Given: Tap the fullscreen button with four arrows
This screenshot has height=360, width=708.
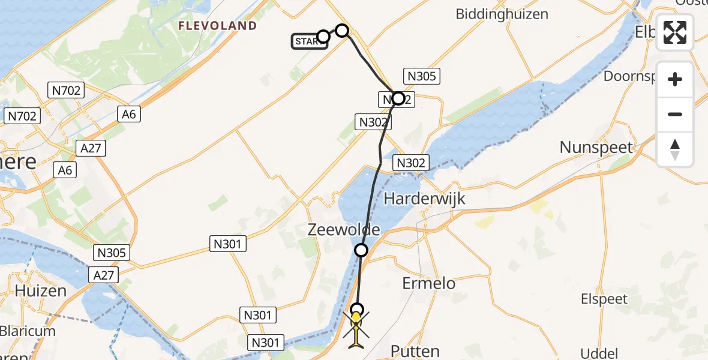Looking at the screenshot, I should (x=675, y=32).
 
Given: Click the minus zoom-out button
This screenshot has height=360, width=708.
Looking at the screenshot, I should (x=675, y=114).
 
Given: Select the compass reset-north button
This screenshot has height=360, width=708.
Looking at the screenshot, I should (x=675, y=149).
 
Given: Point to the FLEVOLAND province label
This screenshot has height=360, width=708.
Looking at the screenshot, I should (x=217, y=26).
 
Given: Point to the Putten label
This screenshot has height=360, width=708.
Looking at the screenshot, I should (x=415, y=351).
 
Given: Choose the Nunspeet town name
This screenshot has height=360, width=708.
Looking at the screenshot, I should (x=596, y=147).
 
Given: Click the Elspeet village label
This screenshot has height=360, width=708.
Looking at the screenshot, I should (x=604, y=299).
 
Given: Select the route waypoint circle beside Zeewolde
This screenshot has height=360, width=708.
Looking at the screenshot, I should (x=361, y=250).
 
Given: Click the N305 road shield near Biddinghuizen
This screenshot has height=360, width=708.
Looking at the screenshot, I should (x=423, y=76).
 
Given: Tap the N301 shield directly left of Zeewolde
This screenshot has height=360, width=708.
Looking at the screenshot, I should (x=229, y=243).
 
